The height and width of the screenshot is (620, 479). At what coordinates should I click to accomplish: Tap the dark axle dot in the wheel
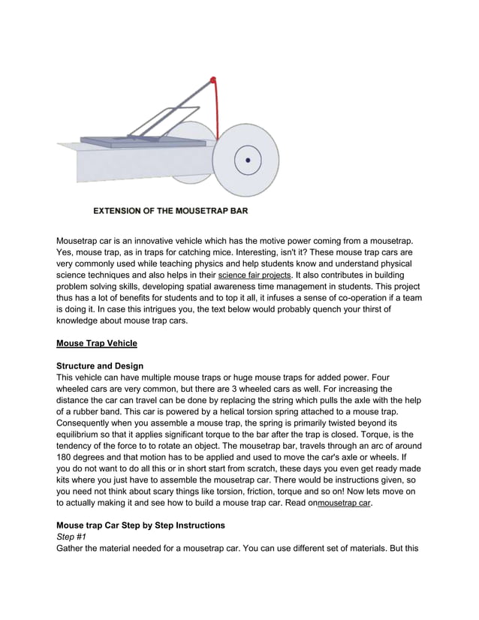(x=247, y=159)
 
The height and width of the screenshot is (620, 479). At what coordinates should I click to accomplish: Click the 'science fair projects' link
(x=254, y=275)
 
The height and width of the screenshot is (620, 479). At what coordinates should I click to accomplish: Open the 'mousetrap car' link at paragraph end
(x=343, y=503)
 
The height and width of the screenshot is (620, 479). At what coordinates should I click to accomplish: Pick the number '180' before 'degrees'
(x=67, y=457)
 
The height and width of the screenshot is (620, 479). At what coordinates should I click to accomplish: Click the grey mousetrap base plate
(x=143, y=140)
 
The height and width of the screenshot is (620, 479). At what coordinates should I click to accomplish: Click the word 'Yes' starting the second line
(x=66, y=252)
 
